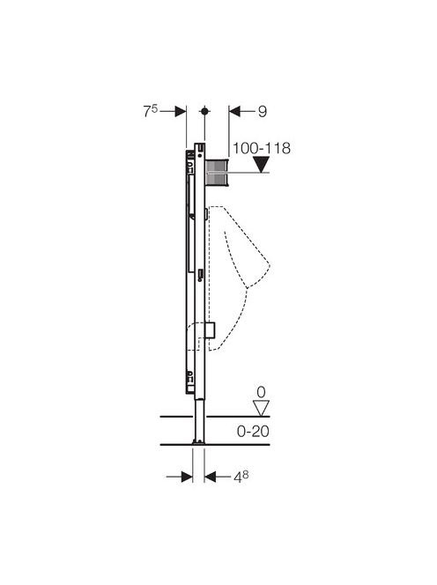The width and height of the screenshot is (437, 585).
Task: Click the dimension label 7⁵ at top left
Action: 151,111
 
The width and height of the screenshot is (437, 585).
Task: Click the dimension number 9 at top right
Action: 263,112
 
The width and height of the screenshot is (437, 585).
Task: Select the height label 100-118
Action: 262,149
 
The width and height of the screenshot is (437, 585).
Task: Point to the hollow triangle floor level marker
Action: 261,408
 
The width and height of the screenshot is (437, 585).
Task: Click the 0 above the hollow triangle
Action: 261,392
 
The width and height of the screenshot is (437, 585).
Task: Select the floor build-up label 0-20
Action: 253,432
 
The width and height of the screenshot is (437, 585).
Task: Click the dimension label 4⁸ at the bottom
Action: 241,478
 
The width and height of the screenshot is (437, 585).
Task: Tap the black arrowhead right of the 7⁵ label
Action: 181,111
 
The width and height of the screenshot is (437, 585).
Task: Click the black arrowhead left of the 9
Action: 234,111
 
